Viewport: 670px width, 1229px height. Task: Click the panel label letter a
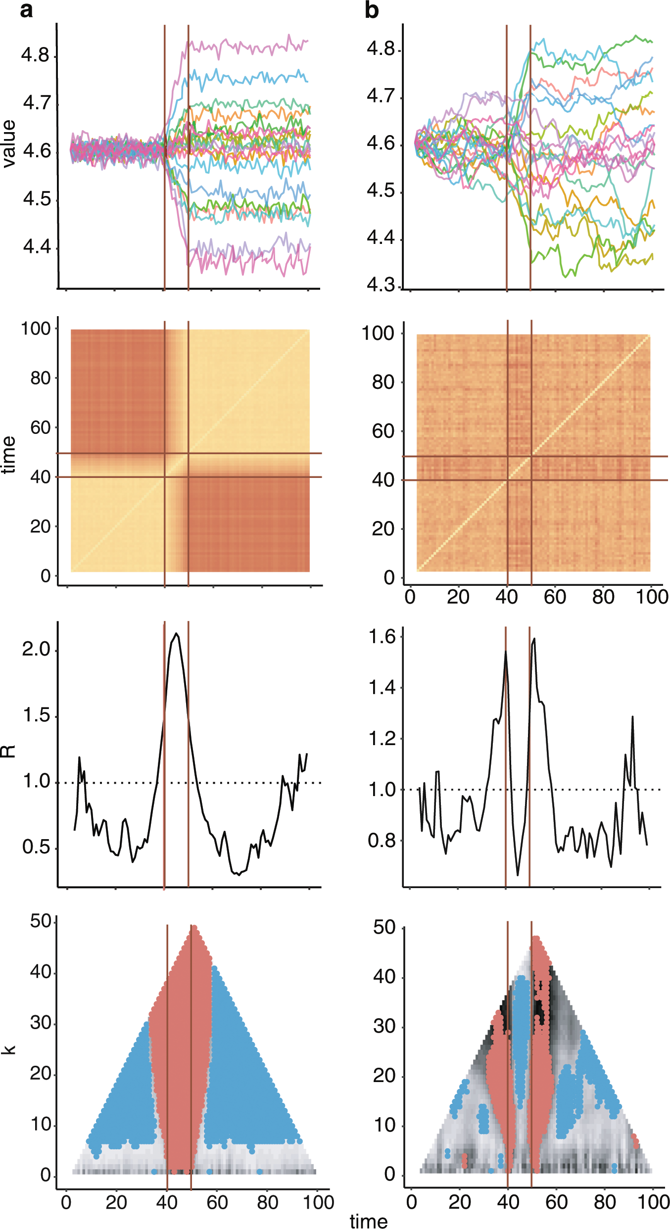coord(26,10)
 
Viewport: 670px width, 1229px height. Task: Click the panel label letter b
coord(371,10)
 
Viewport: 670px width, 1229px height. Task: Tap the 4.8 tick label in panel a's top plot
coord(36,55)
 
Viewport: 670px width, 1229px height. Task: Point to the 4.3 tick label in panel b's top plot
coord(381,285)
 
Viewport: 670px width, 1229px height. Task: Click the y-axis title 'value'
coord(9,144)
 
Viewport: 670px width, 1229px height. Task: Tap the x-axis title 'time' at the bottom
coord(369,1221)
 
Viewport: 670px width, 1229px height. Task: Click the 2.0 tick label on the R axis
coord(36,649)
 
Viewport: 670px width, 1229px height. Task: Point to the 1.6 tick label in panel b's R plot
coord(382,637)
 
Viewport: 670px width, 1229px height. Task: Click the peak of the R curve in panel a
coord(176,634)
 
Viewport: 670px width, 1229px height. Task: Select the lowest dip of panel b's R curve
coord(518,875)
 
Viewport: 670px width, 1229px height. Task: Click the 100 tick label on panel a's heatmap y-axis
coord(35,329)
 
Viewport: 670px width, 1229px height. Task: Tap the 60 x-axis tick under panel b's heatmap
coord(555,597)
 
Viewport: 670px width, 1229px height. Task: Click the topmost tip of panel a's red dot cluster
coord(194,929)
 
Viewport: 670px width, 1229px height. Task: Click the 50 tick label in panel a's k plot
coord(41,921)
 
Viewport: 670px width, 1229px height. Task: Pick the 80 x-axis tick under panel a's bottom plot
coord(267,1202)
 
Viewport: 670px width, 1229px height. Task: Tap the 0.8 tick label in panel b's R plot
coord(382,841)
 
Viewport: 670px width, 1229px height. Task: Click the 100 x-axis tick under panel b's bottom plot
coord(654,1201)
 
